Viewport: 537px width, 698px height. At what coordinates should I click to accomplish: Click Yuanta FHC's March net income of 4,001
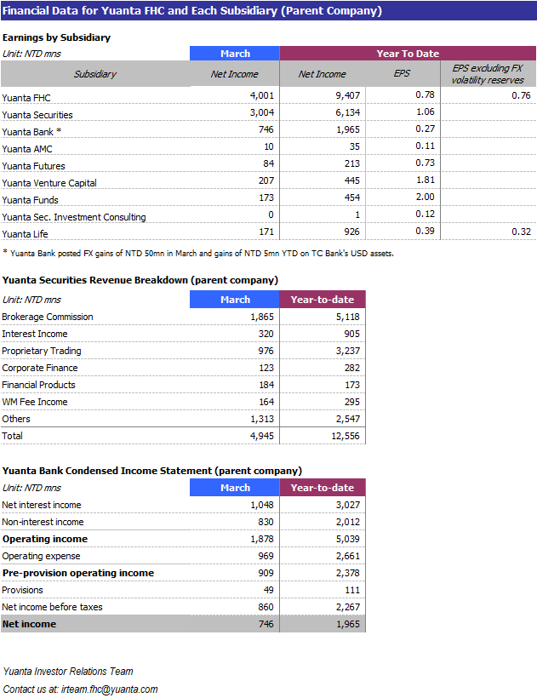tap(261, 95)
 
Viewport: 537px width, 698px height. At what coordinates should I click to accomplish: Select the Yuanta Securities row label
tap(37, 115)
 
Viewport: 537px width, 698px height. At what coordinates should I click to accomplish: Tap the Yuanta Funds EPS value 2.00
tap(425, 197)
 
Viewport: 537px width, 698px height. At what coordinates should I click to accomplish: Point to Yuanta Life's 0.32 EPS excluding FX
tap(521, 232)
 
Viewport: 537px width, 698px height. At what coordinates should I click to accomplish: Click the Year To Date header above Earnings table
tap(408, 54)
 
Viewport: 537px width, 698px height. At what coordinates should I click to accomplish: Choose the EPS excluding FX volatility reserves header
tap(488, 74)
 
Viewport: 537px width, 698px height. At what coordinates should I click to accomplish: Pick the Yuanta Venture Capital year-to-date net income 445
tap(351, 180)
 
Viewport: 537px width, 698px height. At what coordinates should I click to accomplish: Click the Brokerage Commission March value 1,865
tap(261, 317)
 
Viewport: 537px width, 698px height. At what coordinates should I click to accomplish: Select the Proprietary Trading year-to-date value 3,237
tap(347, 351)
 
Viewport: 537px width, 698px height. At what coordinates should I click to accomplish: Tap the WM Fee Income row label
tap(35, 402)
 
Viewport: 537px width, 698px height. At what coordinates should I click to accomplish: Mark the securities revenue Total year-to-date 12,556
tap(346, 436)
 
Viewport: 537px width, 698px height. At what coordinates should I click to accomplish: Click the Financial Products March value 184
tap(266, 385)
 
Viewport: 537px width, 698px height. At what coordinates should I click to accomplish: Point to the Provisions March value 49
tap(268, 590)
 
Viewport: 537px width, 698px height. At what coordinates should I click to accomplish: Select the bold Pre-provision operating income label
tap(78, 573)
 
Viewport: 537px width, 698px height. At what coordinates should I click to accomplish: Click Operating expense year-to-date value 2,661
tap(347, 556)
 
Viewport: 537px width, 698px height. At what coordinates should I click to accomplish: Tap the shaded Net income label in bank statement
tap(30, 624)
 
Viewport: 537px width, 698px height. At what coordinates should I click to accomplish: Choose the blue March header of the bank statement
tap(235, 488)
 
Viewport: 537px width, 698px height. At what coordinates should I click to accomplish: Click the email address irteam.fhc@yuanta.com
tap(110, 689)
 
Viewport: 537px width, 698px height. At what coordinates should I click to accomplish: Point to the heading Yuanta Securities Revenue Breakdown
tap(140, 280)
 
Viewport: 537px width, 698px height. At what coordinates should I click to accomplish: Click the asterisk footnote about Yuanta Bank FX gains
tap(198, 254)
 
